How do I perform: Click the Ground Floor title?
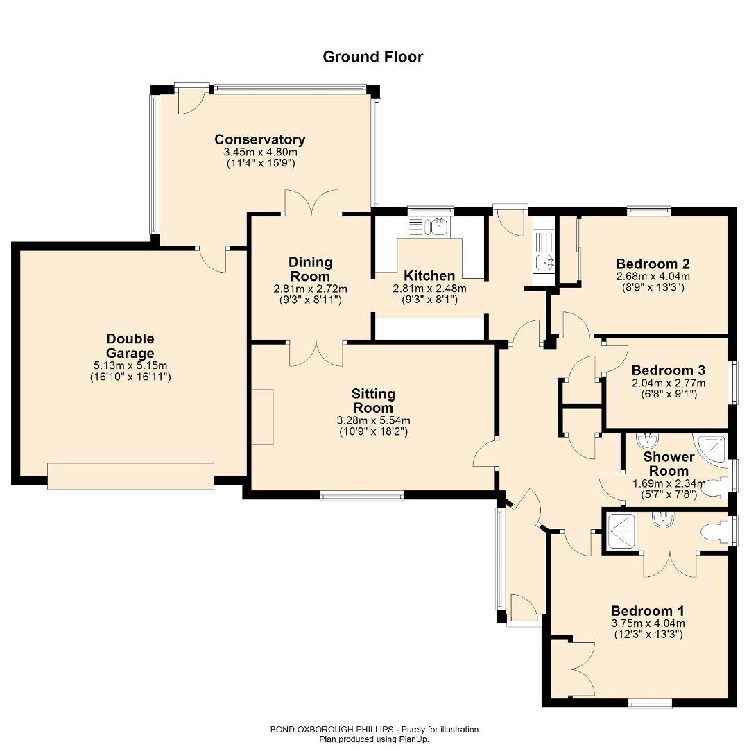click(x=372, y=57)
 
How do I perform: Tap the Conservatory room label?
click(x=259, y=139)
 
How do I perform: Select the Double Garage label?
click(x=130, y=346)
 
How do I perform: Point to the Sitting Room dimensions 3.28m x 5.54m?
click(x=373, y=421)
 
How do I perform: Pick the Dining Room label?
click(x=311, y=269)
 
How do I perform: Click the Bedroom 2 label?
click(x=653, y=264)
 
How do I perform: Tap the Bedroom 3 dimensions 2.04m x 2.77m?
click(x=669, y=383)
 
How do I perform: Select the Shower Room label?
click(x=669, y=463)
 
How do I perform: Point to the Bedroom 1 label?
click(x=647, y=611)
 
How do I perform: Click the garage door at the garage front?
click(x=130, y=476)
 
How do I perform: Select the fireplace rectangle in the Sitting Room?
click(x=262, y=417)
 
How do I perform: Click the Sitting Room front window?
click(x=361, y=497)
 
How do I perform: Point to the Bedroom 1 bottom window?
click(x=649, y=703)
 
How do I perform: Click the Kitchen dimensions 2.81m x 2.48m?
click(x=429, y=289)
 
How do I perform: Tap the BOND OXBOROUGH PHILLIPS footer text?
click(x=332, y=730)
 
